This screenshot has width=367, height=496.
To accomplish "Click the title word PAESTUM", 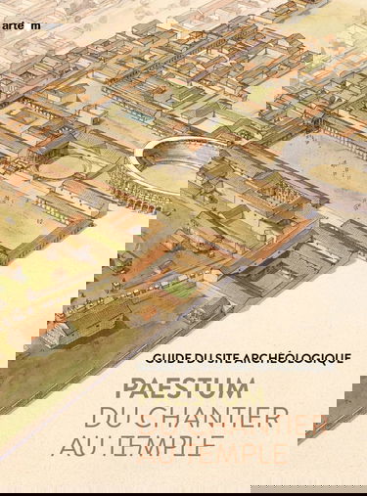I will click(x=184, y=389).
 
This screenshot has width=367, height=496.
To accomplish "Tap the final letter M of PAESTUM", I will click(x=242, y=389).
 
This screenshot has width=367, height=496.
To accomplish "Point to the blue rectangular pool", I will click(x=140, y=116).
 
